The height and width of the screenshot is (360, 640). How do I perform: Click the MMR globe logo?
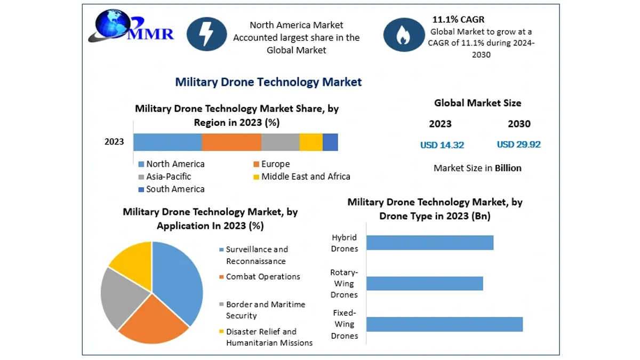(130, 26)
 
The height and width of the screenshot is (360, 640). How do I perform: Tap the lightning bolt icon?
(206, 34)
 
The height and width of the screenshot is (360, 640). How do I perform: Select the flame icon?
(404, 35)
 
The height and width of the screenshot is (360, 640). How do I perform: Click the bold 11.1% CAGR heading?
(458, 19)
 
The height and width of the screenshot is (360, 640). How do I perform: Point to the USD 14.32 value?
(442, 145)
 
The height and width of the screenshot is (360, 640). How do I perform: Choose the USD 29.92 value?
(518, 145)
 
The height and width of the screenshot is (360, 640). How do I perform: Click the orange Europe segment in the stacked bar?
(231, 142)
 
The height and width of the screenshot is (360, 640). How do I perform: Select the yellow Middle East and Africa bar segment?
(311, 142)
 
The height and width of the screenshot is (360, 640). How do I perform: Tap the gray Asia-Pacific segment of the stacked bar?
(281, 142)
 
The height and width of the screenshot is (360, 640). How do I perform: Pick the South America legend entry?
(171, 189)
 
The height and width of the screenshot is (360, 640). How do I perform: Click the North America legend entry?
(171, 164)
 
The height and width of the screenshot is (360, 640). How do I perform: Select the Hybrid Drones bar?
(430, 243)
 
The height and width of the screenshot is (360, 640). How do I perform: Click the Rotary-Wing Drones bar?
(425, 283)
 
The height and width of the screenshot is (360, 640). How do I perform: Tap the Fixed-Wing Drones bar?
(445, 324)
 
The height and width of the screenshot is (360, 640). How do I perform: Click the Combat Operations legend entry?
(260, 277)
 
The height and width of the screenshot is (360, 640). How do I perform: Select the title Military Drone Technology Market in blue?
(268, 82)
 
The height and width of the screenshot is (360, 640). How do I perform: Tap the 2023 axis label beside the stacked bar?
(114, 142)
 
